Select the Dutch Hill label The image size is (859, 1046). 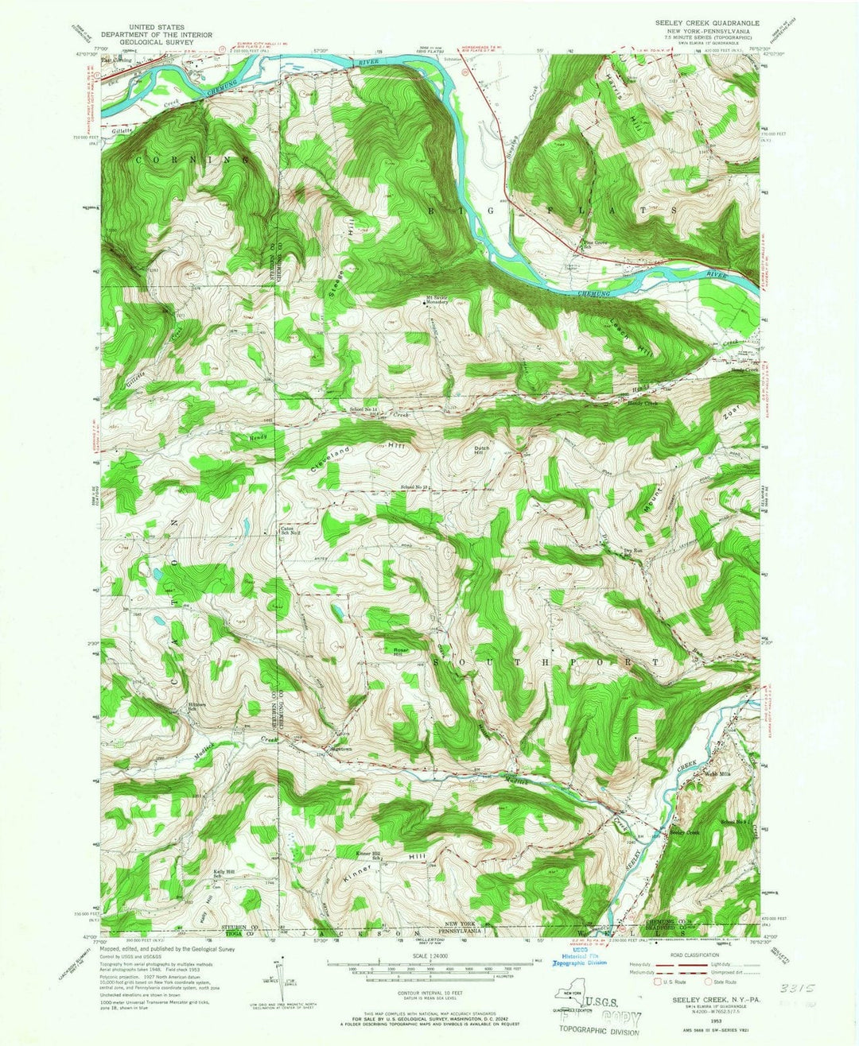(x=484, y=450)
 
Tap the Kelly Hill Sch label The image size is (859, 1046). (x=223, y=874)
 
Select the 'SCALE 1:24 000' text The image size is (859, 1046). (x=429, y=955)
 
